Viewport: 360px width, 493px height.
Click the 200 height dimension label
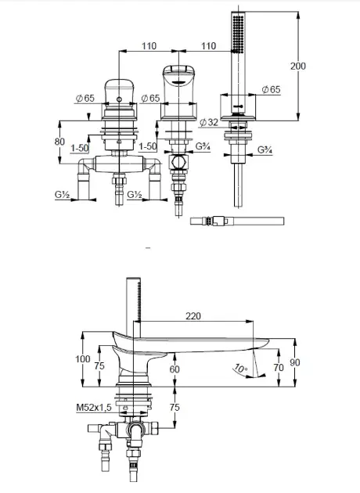tap(297, 66)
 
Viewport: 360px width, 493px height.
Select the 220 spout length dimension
tap(193, 316)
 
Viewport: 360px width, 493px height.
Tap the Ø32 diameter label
tap(209, 122)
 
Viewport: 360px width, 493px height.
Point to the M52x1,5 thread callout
tap(94, 408)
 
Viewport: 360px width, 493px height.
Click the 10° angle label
tap(240, 368)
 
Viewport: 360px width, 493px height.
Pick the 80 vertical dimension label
tap(59, 142)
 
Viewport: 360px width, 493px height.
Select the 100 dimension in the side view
tap(83, 358)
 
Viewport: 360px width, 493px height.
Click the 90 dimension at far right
tap(295, 362)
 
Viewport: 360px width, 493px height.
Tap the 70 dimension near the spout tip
tap(279, 367)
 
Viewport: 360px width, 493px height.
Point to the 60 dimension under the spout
tap(175, 369)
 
